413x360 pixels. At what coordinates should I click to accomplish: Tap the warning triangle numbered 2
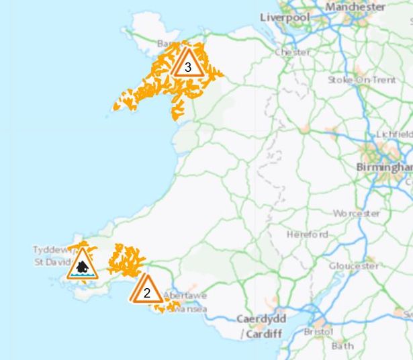point(146,291)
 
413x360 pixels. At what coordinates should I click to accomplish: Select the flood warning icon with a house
point(83,265)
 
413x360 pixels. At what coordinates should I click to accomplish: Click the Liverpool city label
point(285,17)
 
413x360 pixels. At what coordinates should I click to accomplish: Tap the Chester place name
point(293,52)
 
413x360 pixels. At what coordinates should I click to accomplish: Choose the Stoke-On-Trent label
point(362,80)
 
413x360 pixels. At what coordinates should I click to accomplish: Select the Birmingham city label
point(383,167)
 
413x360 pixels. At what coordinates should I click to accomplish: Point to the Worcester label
point(357,214)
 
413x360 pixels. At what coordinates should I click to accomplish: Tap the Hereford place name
point(308,234)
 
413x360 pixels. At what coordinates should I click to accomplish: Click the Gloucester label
point(354,266)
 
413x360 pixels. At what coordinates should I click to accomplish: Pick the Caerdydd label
point(261,319)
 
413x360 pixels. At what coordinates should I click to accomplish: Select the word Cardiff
point(264,334)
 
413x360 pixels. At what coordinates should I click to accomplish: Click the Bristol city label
point(318,332)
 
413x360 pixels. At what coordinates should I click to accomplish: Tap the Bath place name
point(342,347)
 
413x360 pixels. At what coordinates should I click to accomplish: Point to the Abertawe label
point(185,296)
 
